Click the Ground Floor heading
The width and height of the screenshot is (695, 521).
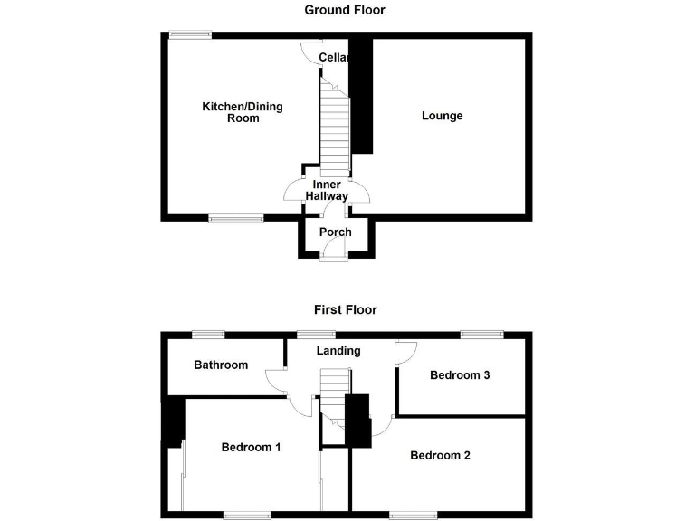(345, 10)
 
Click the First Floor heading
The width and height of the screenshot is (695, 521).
(345, 309)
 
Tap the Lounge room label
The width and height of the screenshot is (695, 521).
(443, 116)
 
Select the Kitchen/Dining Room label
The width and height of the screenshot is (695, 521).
(242, 112)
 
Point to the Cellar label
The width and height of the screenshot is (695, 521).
(333, 58)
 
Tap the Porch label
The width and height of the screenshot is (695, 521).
(335, 232)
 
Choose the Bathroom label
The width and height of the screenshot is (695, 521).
(221, 365)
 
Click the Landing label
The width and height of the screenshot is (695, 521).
(338, 351)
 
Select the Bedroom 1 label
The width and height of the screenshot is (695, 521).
(252, 447)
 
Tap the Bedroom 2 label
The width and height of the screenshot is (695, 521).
(440, 455)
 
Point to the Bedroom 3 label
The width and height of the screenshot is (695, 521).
(460, 375)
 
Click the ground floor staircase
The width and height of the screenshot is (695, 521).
(335, 127)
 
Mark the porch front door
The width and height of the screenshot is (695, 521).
(334, 258)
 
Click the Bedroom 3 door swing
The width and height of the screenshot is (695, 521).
(405, 353)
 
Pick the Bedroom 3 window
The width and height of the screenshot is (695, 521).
(481, 334)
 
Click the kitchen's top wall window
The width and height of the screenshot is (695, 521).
(190, 35)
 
